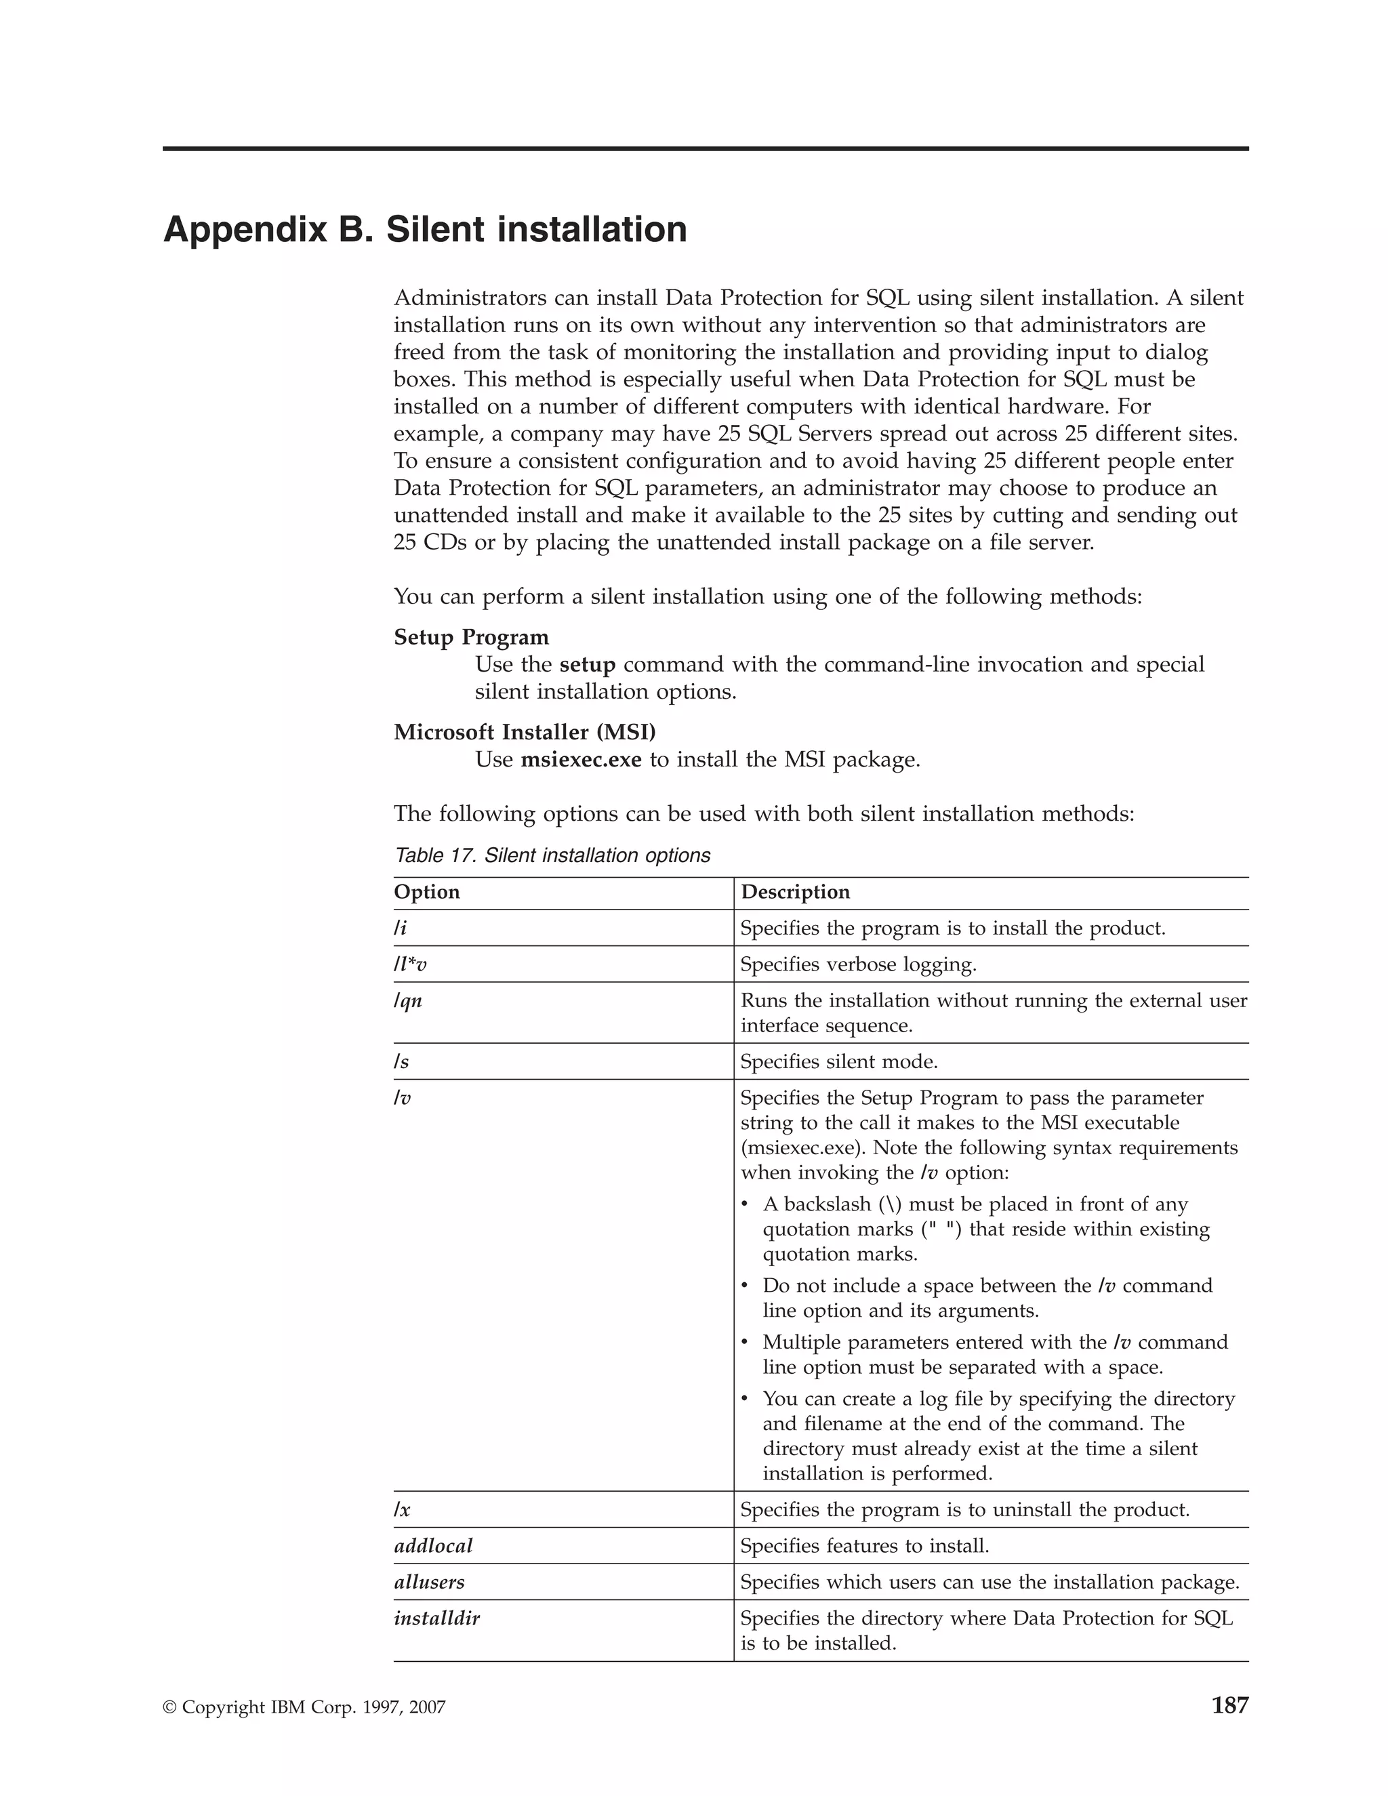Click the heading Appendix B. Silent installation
[x=425, y=230]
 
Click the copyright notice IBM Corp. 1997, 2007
[x=304, y=1708]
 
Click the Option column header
[x=427, y=893]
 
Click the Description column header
[x=795, y=893]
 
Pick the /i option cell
[x=401, y=928]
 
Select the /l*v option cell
[x=410, y=964]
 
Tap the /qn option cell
[x=408, y=1002]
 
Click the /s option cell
[x=401, y=1061]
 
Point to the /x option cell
[x=402, y=1510]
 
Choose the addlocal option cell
[x=433, y=1546]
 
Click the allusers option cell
[x=429, y=1583]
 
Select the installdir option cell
[x=436, y=1618]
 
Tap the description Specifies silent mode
[x=839, y=1061]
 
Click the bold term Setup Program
[x=471, y=637]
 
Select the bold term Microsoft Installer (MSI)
[x=525, y=732]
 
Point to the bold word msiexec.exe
[x=581, y=760]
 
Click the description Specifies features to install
[x=864, y=1546]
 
